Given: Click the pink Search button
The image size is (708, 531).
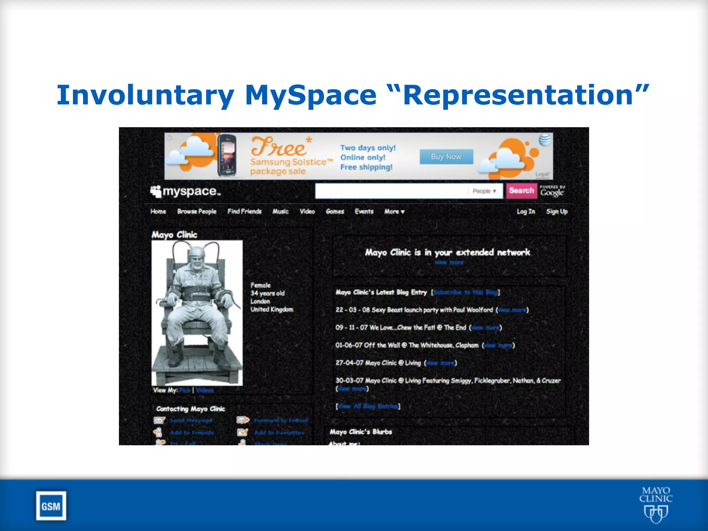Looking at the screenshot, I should [521, 191].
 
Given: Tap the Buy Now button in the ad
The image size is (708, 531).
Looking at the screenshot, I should [446, 157].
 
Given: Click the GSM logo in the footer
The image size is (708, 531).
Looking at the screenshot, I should [51, 506].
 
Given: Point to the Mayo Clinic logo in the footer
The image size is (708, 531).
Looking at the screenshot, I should [655, 504].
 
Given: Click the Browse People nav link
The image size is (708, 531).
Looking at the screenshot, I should [197, 212].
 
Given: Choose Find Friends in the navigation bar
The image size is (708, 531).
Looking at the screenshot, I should [244, 212].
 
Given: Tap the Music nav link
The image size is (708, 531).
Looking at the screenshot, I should [280, 212].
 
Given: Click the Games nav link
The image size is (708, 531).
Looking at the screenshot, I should [335, 212].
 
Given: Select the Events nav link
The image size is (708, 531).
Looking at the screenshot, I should [364, 212].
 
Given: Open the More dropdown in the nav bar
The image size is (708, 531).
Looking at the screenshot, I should [394, 212].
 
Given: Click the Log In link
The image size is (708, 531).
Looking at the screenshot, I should [526, 212].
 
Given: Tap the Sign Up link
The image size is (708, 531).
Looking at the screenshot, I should [557, 212].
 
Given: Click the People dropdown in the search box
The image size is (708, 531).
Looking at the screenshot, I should [484, 191].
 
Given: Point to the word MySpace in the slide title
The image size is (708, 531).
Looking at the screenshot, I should [310, 95].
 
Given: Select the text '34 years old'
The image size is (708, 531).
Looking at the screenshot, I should [268, 294].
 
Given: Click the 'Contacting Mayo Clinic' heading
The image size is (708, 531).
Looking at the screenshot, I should [190, 409].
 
